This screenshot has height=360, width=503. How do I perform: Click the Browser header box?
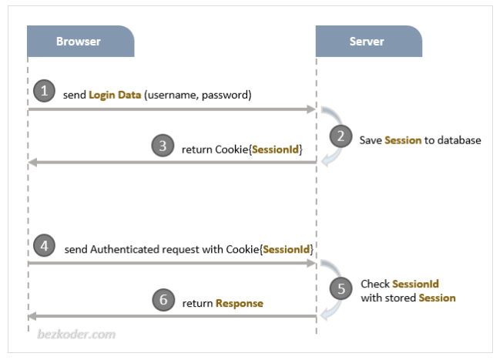click(80, 42)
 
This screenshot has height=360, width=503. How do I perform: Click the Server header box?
click(368, 42)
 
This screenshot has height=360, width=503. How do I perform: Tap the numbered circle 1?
click(44, 91)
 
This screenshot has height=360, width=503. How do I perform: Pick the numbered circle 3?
click(163, 146)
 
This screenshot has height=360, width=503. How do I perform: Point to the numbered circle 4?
click(44, 246)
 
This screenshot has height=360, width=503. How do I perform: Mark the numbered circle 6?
click(163, 300)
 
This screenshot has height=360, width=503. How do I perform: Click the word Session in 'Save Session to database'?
click(403, 140)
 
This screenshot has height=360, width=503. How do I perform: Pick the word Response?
click(239, 303)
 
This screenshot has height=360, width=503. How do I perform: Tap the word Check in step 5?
click(375, 284)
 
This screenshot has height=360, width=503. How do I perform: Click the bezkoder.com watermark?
click(76, 334)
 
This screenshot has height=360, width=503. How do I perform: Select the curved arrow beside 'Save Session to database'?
click(329, 136)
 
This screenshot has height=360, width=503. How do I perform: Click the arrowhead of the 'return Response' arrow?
click(32, 316)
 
